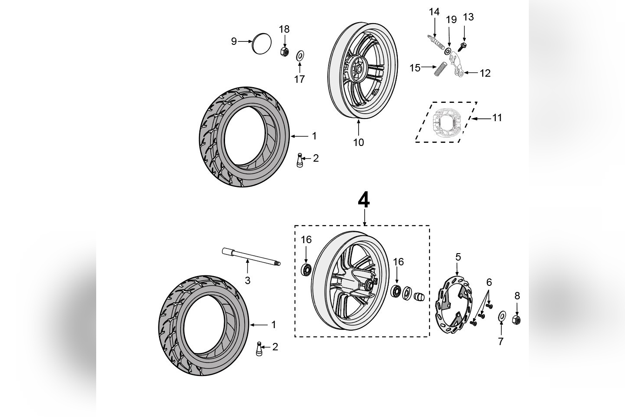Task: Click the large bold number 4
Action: point(364,200)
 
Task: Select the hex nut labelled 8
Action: point(517,320)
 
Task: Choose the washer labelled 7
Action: point(501,315)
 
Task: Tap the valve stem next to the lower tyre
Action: point(259,349)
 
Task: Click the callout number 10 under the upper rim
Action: point(358,142)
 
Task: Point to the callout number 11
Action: point(497,118)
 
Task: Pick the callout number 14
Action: point(434,12)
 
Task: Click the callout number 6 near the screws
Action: point(489,282)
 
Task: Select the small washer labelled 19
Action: point(448,51)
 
